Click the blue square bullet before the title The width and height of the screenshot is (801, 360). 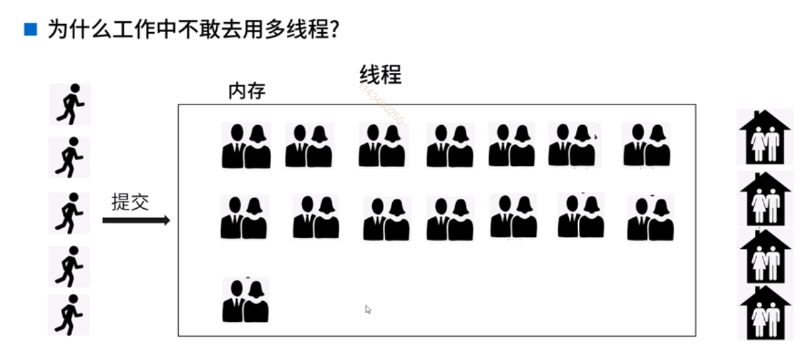(x=29, y=29)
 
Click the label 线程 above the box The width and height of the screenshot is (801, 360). (x=380, y=74)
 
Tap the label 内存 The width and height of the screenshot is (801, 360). (x=247, y=91)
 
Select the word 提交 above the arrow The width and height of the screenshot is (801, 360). (x=130, y=202)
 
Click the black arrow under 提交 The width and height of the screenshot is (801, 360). (x=136, y=220)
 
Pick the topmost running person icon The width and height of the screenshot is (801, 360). (x=70, y=104)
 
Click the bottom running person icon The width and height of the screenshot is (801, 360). (x=69, y=314)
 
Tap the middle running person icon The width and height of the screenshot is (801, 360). (x=69, y=213)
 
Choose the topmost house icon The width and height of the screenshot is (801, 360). (x=764, y=137)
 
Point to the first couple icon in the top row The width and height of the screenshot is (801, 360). (x=246, y=145)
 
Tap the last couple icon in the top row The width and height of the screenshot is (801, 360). (x=646, y=145)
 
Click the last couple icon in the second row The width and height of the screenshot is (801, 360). (x=650, y=218)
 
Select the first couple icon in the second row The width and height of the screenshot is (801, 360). (x=244, y=217)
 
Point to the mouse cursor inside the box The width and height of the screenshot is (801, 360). (x=367, y=309)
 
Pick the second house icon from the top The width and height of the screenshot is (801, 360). (x=764, y=199)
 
